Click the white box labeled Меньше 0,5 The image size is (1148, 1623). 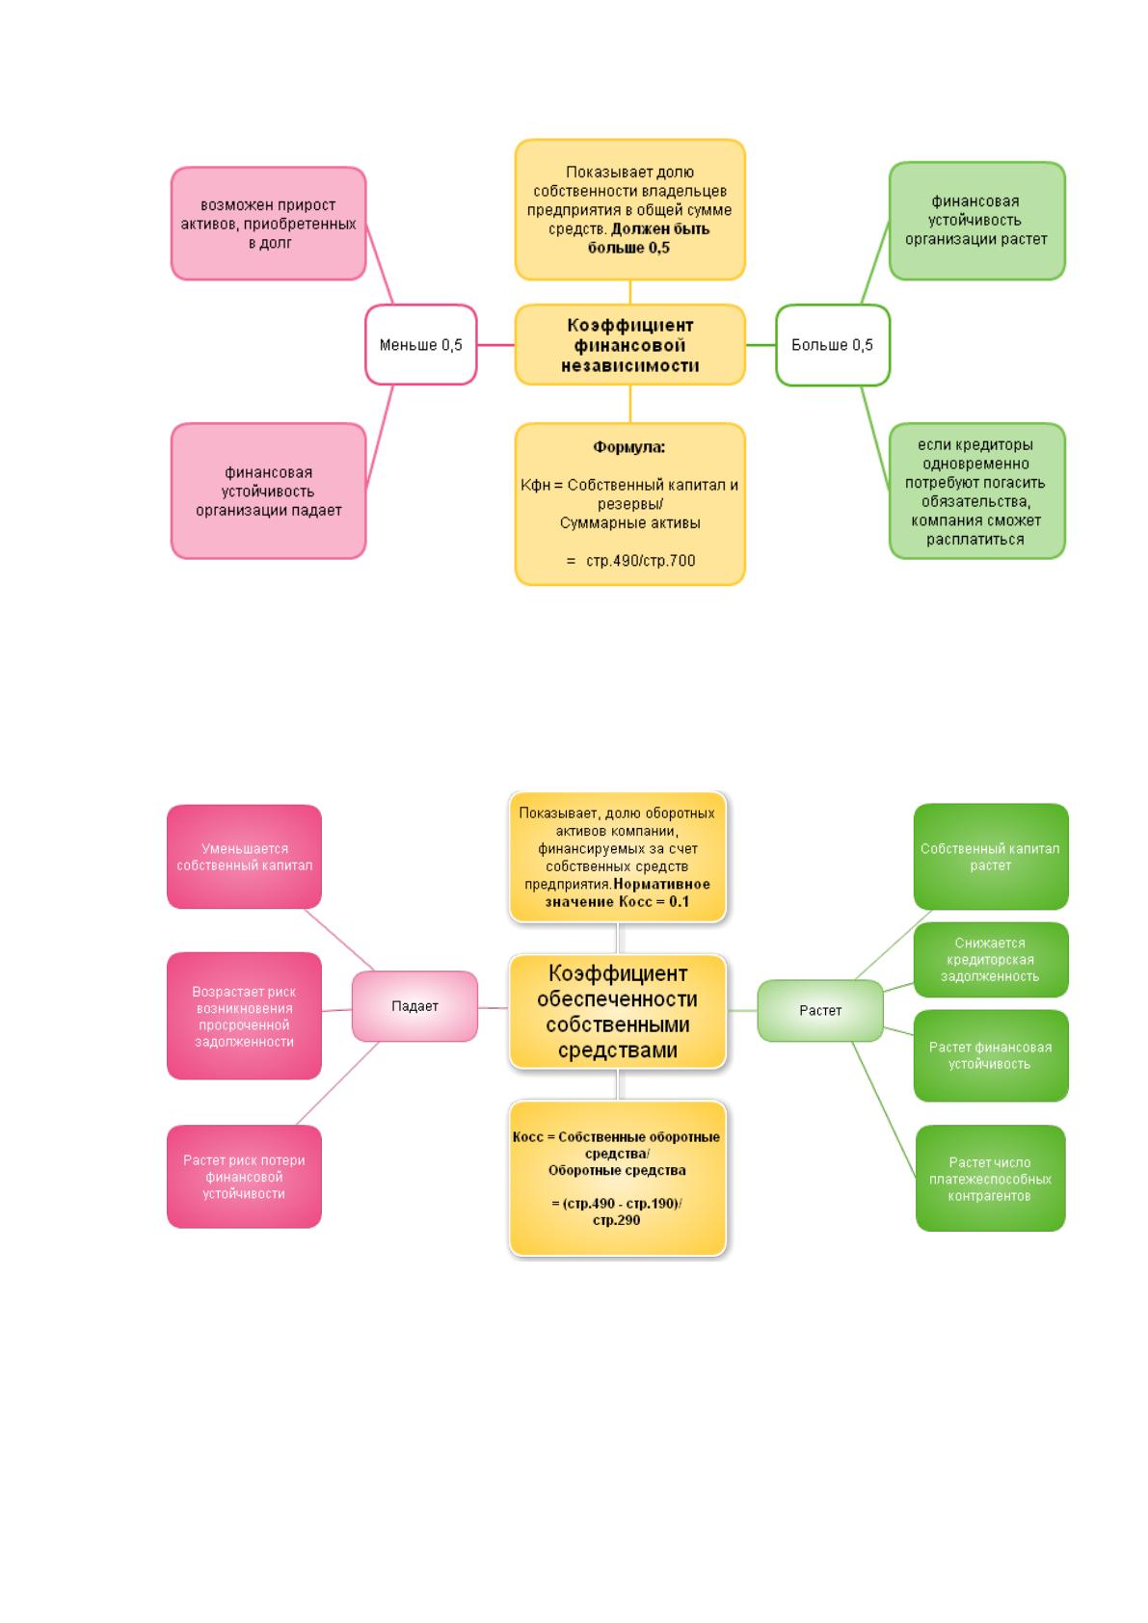point(421,345)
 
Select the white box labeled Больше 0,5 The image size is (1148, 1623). point(833,345)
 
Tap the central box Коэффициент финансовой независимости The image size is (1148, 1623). point(629,345)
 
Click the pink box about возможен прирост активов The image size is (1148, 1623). point(268,224)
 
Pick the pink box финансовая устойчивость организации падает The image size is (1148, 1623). point(268,492)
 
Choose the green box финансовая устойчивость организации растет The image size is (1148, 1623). point(977,221)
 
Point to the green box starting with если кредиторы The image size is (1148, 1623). point(977,492)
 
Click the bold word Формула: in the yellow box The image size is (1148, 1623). point(629,447)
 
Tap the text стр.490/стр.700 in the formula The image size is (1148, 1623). point(641,561)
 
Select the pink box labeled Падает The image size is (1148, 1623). point(414,1005)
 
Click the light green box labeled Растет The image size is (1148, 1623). point(820,1010)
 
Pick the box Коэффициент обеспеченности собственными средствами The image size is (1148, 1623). point(618,1011)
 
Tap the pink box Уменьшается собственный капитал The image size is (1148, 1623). point(244,857)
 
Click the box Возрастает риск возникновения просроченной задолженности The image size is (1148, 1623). point(244,1016)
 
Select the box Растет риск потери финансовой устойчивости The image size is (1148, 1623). point(244,1177)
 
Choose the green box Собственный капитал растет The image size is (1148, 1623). point(991,857)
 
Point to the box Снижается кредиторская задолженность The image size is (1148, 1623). point(991,959)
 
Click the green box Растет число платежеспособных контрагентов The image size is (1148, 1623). point(991,1178)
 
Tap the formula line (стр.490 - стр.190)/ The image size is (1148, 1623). point(617,1204)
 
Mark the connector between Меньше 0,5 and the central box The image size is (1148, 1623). point(495,345)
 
